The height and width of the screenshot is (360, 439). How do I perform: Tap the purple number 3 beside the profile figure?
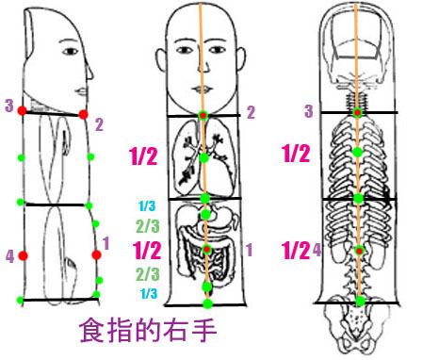click(8, 106)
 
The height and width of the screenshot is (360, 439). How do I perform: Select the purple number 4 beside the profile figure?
click(8, 254)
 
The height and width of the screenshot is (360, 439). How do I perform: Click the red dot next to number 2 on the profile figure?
click(84, 114)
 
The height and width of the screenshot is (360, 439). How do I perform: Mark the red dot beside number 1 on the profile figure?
click(96, 254)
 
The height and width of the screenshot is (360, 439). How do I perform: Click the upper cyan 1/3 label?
click(148, 206)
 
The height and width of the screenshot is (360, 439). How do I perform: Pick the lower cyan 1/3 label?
click(148, 294)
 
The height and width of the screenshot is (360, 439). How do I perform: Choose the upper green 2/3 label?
click(147, 226)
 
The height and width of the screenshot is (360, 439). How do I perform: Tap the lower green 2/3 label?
click(147, 274)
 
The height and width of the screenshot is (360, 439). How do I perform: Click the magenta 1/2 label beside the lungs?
click(144, 156)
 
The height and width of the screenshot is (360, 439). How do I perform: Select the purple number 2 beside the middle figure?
click(251, 112)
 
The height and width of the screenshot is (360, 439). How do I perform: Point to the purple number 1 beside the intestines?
click(250, 250)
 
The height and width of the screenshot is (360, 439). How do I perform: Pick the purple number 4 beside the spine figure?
click(317, 250)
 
